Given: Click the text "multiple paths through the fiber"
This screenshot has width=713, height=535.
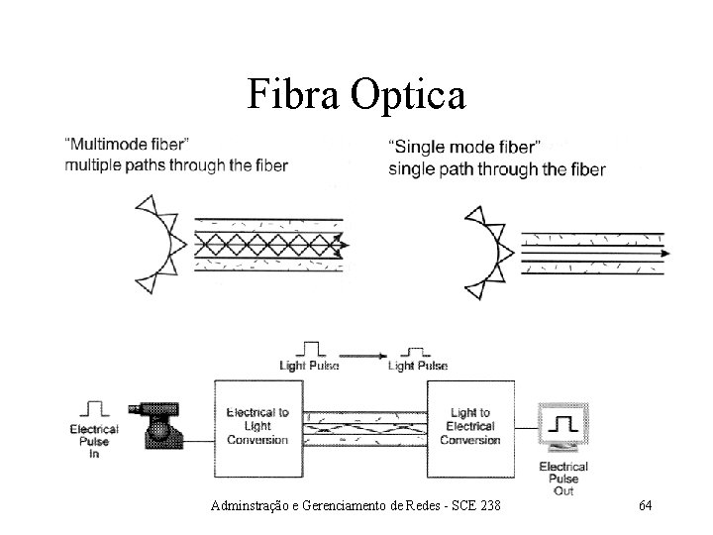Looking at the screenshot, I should pyautogui.click(x=176, y=165).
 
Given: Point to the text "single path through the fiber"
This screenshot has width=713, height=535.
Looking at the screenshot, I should pyautogui.click(x=497, y=168).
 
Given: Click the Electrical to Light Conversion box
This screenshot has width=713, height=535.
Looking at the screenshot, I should pyautogui.click(x=257, y=425).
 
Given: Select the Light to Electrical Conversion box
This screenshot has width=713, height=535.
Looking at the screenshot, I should pyautogui.click(x=469, y=426).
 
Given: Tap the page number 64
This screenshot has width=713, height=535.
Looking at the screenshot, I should pyautogui.click(x=645, y=506).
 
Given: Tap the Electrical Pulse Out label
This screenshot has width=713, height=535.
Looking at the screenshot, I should pyautogui.click(x=562, y=478).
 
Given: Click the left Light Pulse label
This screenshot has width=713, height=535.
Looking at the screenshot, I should pyautogui.click(x=309, y=366).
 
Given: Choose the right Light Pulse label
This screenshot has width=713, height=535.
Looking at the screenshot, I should pyautogui.click(x=417, y=366).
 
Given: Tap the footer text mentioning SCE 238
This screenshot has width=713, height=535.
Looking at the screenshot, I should pyautogui.click(x=356, y=506).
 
